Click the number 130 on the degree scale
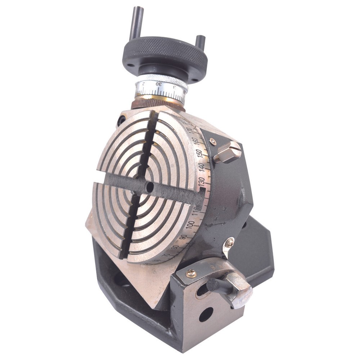tap(202, 181)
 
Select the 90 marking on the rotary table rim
tap(183, 237)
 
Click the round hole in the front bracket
tap(206, 314)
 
